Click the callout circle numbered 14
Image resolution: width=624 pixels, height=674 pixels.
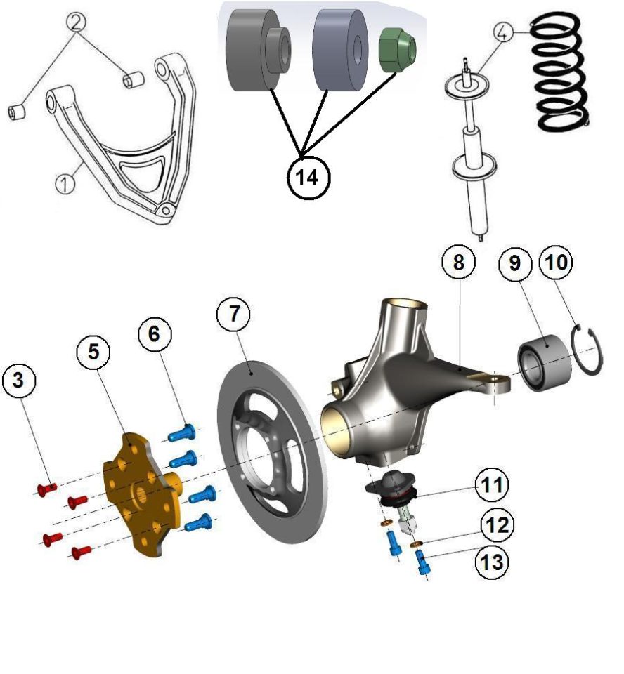(308, 177)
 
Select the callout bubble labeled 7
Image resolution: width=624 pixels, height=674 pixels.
(234, 314)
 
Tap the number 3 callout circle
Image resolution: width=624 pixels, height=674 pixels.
(18, 381)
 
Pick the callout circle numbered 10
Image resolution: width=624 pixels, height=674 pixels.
(556, 262)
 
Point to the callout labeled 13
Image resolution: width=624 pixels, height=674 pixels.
(491, 562)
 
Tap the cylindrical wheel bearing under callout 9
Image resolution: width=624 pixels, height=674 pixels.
(545, 363)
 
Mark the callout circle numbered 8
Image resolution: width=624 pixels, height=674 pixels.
(459, 262)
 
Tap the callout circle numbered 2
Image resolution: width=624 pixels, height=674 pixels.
(76, 22)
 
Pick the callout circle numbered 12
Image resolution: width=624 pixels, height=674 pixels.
(497, 524)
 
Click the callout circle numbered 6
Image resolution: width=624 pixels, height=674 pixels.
(155, 334)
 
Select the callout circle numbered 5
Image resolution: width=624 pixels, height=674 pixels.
(93, 352)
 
